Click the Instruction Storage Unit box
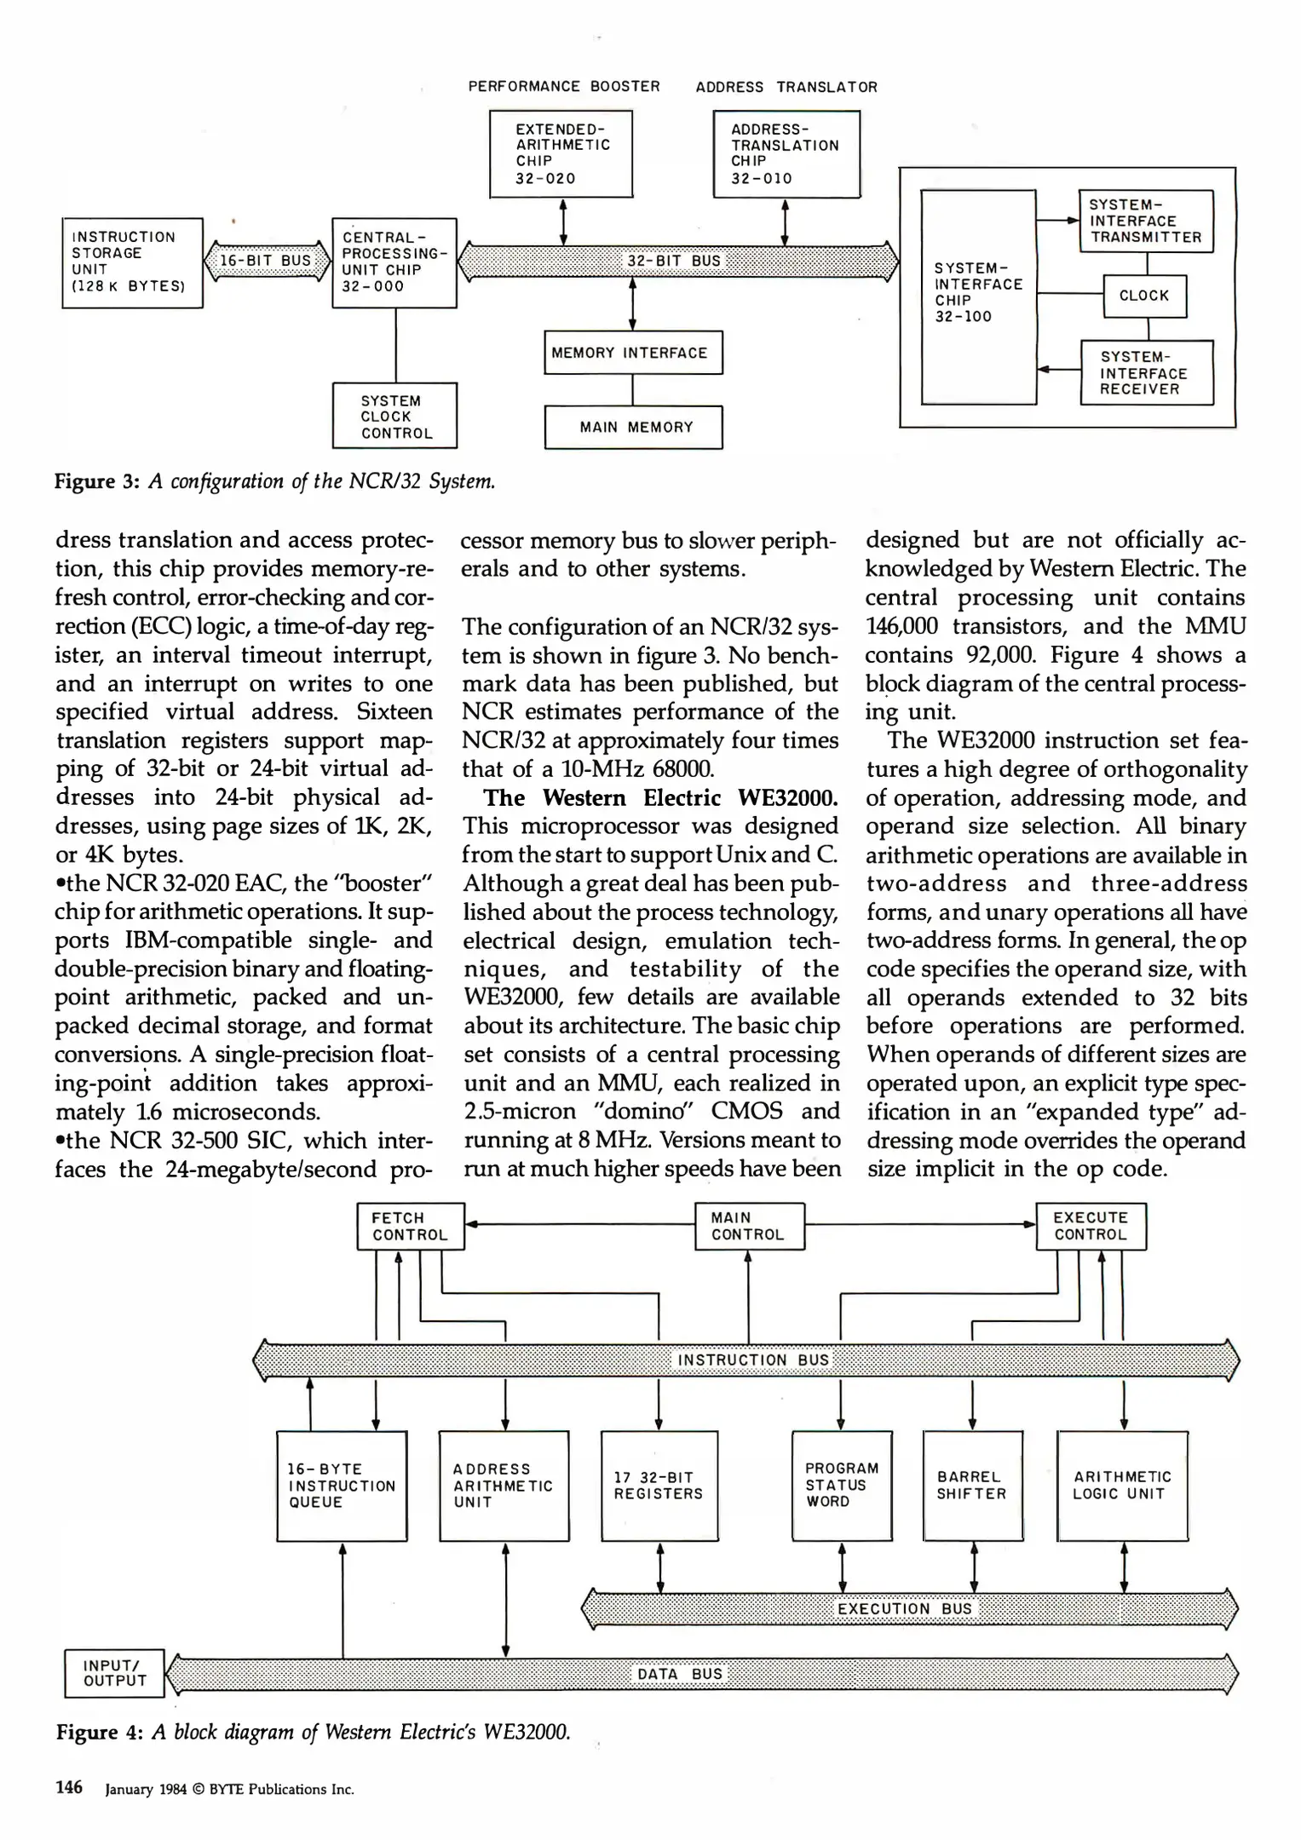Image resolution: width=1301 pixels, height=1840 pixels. click(x=132, y=262)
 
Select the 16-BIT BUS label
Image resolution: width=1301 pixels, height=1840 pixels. click(x=266, y=261)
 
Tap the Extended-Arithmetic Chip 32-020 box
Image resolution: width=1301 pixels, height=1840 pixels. click(x=561, y=154)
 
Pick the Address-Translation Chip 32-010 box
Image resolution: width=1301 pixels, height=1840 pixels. click(x=786, y=154)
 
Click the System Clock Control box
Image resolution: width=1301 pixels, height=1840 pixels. click(x=394, y=416)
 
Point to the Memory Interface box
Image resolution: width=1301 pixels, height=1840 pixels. click(x=633, y=353)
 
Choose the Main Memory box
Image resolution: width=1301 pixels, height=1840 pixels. click(x=633, y=428)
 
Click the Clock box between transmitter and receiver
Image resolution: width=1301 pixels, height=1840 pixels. click(x=1143, y=296)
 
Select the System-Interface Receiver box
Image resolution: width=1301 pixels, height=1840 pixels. click(x=1146, y=373)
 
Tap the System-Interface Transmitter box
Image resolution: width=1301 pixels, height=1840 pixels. click(x=1146, y=221)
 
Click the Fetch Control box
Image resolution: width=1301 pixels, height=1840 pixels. click(x=411, y=1227)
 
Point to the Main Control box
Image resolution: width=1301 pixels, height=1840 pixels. click(x=749, y=1227)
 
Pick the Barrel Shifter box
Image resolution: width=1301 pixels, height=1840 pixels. click(x=972, y=1486)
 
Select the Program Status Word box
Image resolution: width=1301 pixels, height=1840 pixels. click(x=841, y=1485)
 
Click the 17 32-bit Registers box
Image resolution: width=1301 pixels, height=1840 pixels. click(x=659, y=1486)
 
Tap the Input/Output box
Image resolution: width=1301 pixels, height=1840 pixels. click(x=114, y=1673)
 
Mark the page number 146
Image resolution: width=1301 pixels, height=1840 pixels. click(x=69, y=1787)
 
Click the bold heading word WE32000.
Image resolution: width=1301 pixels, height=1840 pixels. click(x=787, y=798)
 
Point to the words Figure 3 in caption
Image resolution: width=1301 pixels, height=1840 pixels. click(x=96, y=481)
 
